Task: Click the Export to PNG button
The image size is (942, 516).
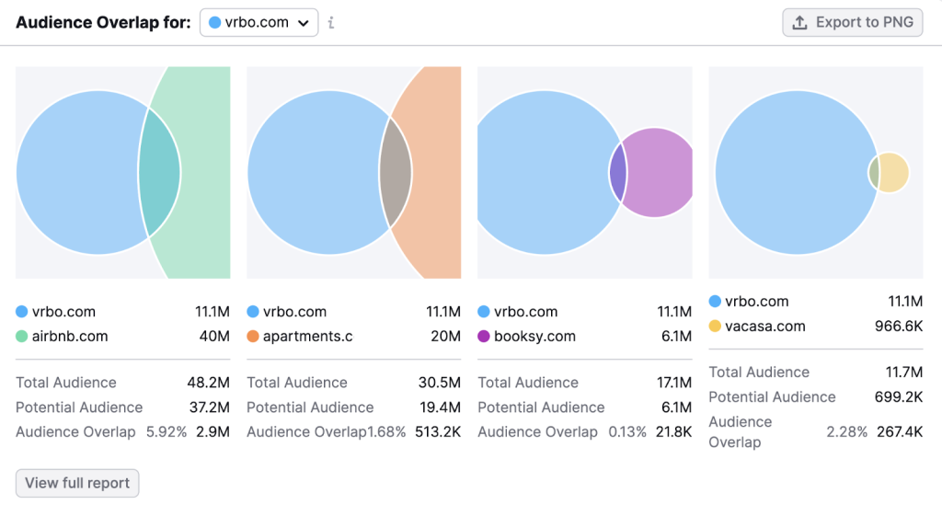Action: (852, 22)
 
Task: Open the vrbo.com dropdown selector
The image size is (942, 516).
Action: (258, 22)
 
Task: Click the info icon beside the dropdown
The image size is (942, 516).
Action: (331, 22)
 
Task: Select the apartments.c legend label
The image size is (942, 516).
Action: (307, 336)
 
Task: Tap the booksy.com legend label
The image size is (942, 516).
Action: (534, 336)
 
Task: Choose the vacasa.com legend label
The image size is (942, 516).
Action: (764, 326)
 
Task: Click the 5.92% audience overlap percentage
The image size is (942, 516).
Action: (166, 431)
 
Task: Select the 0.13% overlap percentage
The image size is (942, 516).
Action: (627, 431)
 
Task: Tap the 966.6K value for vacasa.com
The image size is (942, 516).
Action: (898, 326)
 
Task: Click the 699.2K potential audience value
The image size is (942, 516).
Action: (898, 396)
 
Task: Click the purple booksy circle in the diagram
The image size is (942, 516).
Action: (659, 173)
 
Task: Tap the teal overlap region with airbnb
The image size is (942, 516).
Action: (159, 172)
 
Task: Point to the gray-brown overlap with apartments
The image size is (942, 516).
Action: (396, 172)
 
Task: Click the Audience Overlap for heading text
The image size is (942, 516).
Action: (102, 22)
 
